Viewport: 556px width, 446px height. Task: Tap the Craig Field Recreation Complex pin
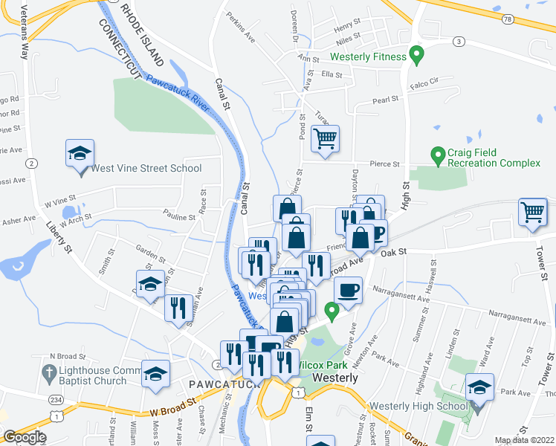438,155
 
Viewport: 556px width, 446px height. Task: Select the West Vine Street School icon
80,154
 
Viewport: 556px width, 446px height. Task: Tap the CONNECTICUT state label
120,44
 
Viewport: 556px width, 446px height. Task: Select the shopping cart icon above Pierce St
325,138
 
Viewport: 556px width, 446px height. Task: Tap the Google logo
25,436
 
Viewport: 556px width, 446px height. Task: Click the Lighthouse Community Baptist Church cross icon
48,371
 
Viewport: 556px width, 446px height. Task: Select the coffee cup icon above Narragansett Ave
348,288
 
